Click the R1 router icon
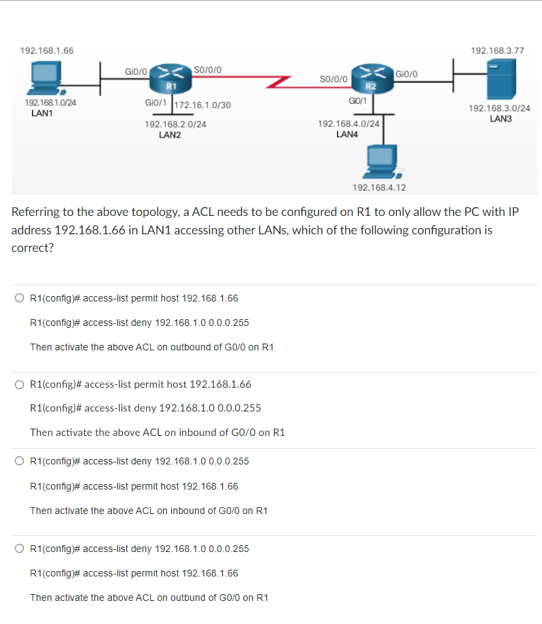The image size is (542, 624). [x=171, y=79]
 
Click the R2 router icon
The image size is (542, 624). [x=370, y=79]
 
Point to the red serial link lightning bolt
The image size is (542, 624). [x=278, y=82]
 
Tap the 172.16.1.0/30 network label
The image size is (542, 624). [x=203, y=105]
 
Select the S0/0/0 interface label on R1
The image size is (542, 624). [x=206, y=69]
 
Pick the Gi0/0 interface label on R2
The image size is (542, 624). [x=407, y=73]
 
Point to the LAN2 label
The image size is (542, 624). [x=169, y=135]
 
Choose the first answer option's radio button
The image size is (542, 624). [x=20, y=298]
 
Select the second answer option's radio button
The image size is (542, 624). [x=20, y=384]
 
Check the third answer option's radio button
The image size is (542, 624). [x=20, y=461]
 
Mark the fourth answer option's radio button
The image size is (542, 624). [x=20, y=549]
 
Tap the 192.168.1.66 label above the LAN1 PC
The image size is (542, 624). [x=47, y=51]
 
